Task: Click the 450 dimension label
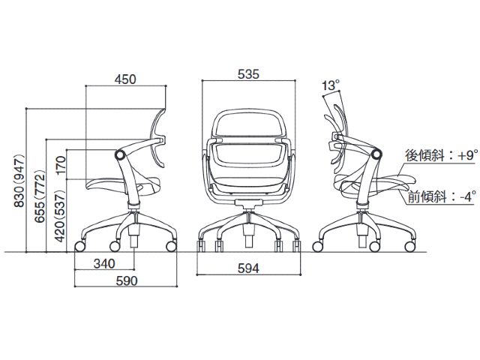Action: pos(125,79)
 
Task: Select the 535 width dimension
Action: pos(248,74)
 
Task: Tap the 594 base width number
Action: pos(248,268)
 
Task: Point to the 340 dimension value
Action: pos(104,263)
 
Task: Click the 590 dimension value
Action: pos(127,280)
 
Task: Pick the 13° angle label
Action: pos(331,85)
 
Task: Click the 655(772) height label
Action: pos(40,196)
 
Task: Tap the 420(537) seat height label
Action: pos(60,216)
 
